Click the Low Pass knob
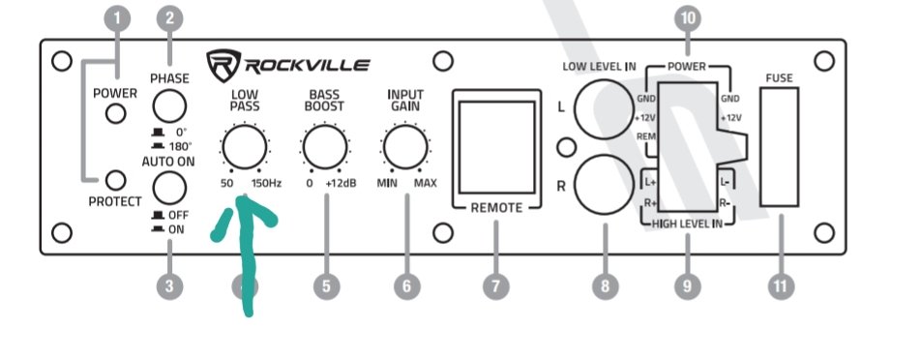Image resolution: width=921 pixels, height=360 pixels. [245, 147]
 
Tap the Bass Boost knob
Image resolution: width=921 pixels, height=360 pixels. [324, 147]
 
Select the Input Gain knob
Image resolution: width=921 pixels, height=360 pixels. [405, 147]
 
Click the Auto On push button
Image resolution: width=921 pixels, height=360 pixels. [169, 189]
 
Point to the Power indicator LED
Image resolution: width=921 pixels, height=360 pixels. [116, 113]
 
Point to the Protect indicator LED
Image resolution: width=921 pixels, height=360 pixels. [116, 180]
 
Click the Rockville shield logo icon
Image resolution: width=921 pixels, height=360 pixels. [223, 65]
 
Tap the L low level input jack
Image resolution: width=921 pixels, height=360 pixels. [605, 108]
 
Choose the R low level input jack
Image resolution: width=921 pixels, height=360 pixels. [605, 185]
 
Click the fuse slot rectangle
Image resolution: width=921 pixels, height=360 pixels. [780, 147]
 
